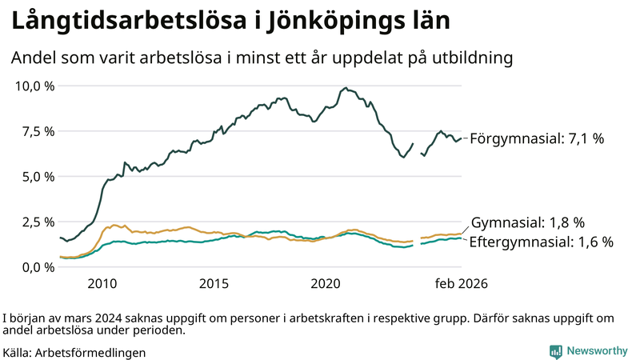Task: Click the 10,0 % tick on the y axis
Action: coord(33,86)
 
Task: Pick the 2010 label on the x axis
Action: coord(102,284)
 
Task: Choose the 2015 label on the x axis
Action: coord(214,284)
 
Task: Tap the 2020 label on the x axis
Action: coord(326,284)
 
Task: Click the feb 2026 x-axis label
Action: coord(461,284)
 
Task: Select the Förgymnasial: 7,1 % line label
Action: coord(537,138)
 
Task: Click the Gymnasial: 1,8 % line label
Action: coord(528,222)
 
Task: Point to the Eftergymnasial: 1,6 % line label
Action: coord(540,242)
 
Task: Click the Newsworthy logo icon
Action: coord(555,350)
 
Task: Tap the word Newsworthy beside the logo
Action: coord(597,350)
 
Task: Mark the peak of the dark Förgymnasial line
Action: coord(345,88)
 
